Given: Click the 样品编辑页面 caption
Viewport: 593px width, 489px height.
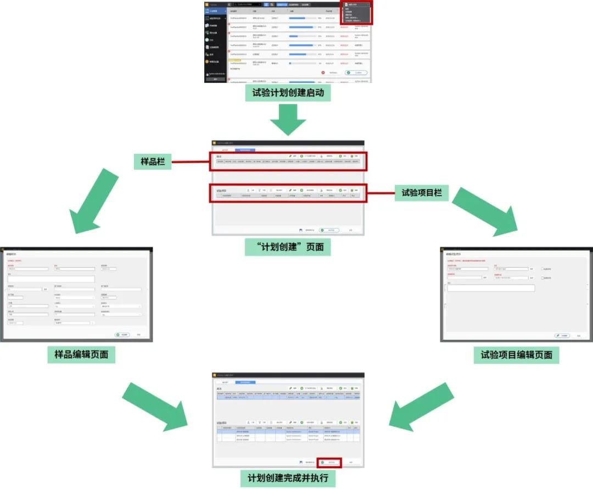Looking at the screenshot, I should (82, 354).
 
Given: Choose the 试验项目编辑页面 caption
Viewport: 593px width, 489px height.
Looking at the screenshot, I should (516, 354).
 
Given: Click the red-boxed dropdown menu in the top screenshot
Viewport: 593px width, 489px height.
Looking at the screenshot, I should (356, 12).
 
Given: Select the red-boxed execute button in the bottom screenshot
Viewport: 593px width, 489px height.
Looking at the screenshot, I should (329, 462).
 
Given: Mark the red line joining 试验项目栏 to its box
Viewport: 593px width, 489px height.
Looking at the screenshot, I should (380, 193).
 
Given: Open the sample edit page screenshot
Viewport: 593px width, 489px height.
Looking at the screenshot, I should (76, 294).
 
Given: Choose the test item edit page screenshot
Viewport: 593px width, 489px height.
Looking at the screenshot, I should (516, 294).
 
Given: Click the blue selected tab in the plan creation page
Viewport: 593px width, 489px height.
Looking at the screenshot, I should (245, 149).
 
